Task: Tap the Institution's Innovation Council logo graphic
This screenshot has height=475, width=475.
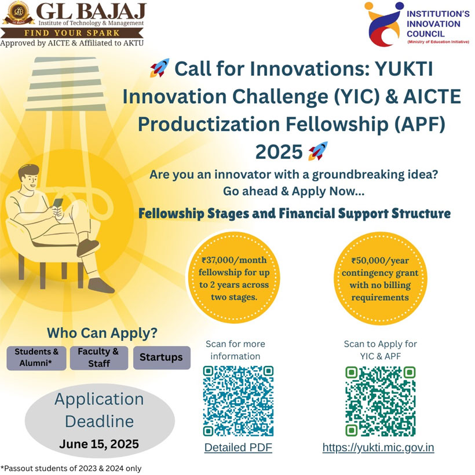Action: pos(383,24)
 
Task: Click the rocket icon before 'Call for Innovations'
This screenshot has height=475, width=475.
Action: pos(160,68)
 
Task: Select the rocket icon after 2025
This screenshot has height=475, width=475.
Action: pos(318,151)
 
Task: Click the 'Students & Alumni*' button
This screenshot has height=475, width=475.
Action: pos(36,358)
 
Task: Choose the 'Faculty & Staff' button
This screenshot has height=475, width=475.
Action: pos(99,358)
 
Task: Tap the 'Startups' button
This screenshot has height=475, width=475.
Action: pos(162,357)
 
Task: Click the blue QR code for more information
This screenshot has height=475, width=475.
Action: pos(238,401)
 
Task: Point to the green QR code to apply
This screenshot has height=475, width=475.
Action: pos(380,401)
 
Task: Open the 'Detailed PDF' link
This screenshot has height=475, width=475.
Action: pos(238,447)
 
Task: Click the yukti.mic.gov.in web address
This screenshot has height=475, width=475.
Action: pos(378,447)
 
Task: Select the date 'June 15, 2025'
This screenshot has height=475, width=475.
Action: pos(99,444)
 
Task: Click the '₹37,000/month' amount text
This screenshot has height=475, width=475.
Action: pos(234,260)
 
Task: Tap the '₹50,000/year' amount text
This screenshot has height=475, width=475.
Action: pos(380,261)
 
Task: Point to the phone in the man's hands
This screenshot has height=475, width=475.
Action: pos(57,203)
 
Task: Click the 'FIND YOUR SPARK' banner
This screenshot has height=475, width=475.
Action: pos(72,33)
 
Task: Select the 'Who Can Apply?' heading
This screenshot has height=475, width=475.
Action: pos(102,332)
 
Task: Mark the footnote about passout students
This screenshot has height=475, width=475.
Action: pos(71,468)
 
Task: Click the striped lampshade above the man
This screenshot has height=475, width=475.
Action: pos(67,84)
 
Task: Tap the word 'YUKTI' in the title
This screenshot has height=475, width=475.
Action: pos(404,68)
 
